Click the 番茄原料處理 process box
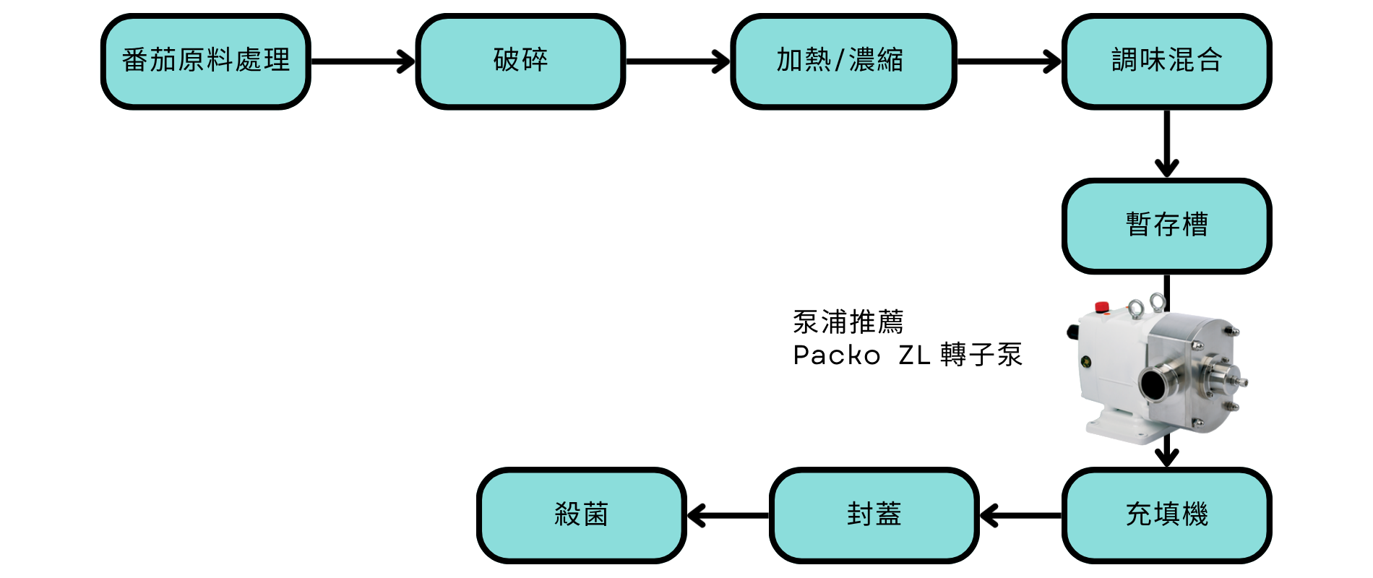click(x=206, y=61)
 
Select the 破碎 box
click(x=520, y=61)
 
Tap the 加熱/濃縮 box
click(x=843, y=61)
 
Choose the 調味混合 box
click(x=1166, y=61)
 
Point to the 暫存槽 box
click(x=1166, y=225)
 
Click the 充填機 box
click(x=1166, y=515)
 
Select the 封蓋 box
click(x=874, y=515)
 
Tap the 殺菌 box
click(x=581, y=515)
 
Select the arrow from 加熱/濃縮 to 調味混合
click(x=1009, y=61)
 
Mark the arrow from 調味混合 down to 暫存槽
click(x=1166, y=144)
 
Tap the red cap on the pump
click(x=1103, y=306)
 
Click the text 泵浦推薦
click(x=848, y=322)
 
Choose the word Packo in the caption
click(x=837, y=355)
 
